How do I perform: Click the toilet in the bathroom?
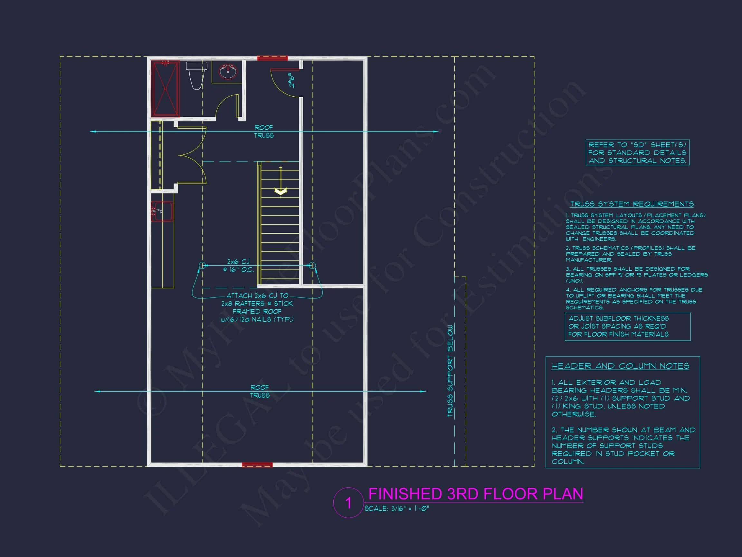tap(195, 75)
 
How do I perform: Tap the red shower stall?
tap(165, 89)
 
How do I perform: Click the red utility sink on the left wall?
tap(162, 211)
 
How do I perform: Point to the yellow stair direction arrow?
tap(281, 191)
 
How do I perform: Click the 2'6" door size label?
tap(292, 80)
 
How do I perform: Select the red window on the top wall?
tap(272, 58)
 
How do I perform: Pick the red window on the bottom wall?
tap(257, 465)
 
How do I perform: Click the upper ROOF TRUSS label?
tap(264, 132)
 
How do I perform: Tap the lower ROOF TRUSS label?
tap(260, 391)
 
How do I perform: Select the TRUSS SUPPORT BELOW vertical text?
tap(450, 371)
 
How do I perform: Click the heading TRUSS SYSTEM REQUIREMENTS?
tap(632, 204)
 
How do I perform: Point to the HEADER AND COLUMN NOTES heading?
tap(620, 366)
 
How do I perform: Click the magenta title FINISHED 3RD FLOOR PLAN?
tap(476, 494)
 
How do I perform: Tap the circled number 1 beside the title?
tap(348, 503)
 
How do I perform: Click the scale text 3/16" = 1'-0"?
tap(397, 509)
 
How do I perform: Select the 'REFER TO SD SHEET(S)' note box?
tap(637, 152)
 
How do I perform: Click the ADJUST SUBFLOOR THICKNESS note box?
tap(627, 326)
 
